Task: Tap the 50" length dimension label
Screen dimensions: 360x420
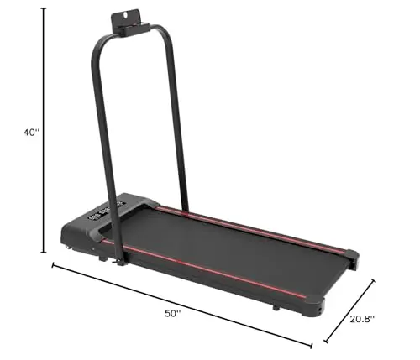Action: point(173,313)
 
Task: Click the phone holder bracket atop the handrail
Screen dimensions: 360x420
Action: point(134,23)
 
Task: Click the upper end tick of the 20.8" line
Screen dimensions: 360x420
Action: point(374,282)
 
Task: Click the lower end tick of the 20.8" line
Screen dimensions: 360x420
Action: point(327,342)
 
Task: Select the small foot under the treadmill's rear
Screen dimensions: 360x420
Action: point(274,308)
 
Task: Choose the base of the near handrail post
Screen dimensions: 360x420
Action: point(122,261)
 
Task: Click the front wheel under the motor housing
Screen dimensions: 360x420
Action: point(67,249)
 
